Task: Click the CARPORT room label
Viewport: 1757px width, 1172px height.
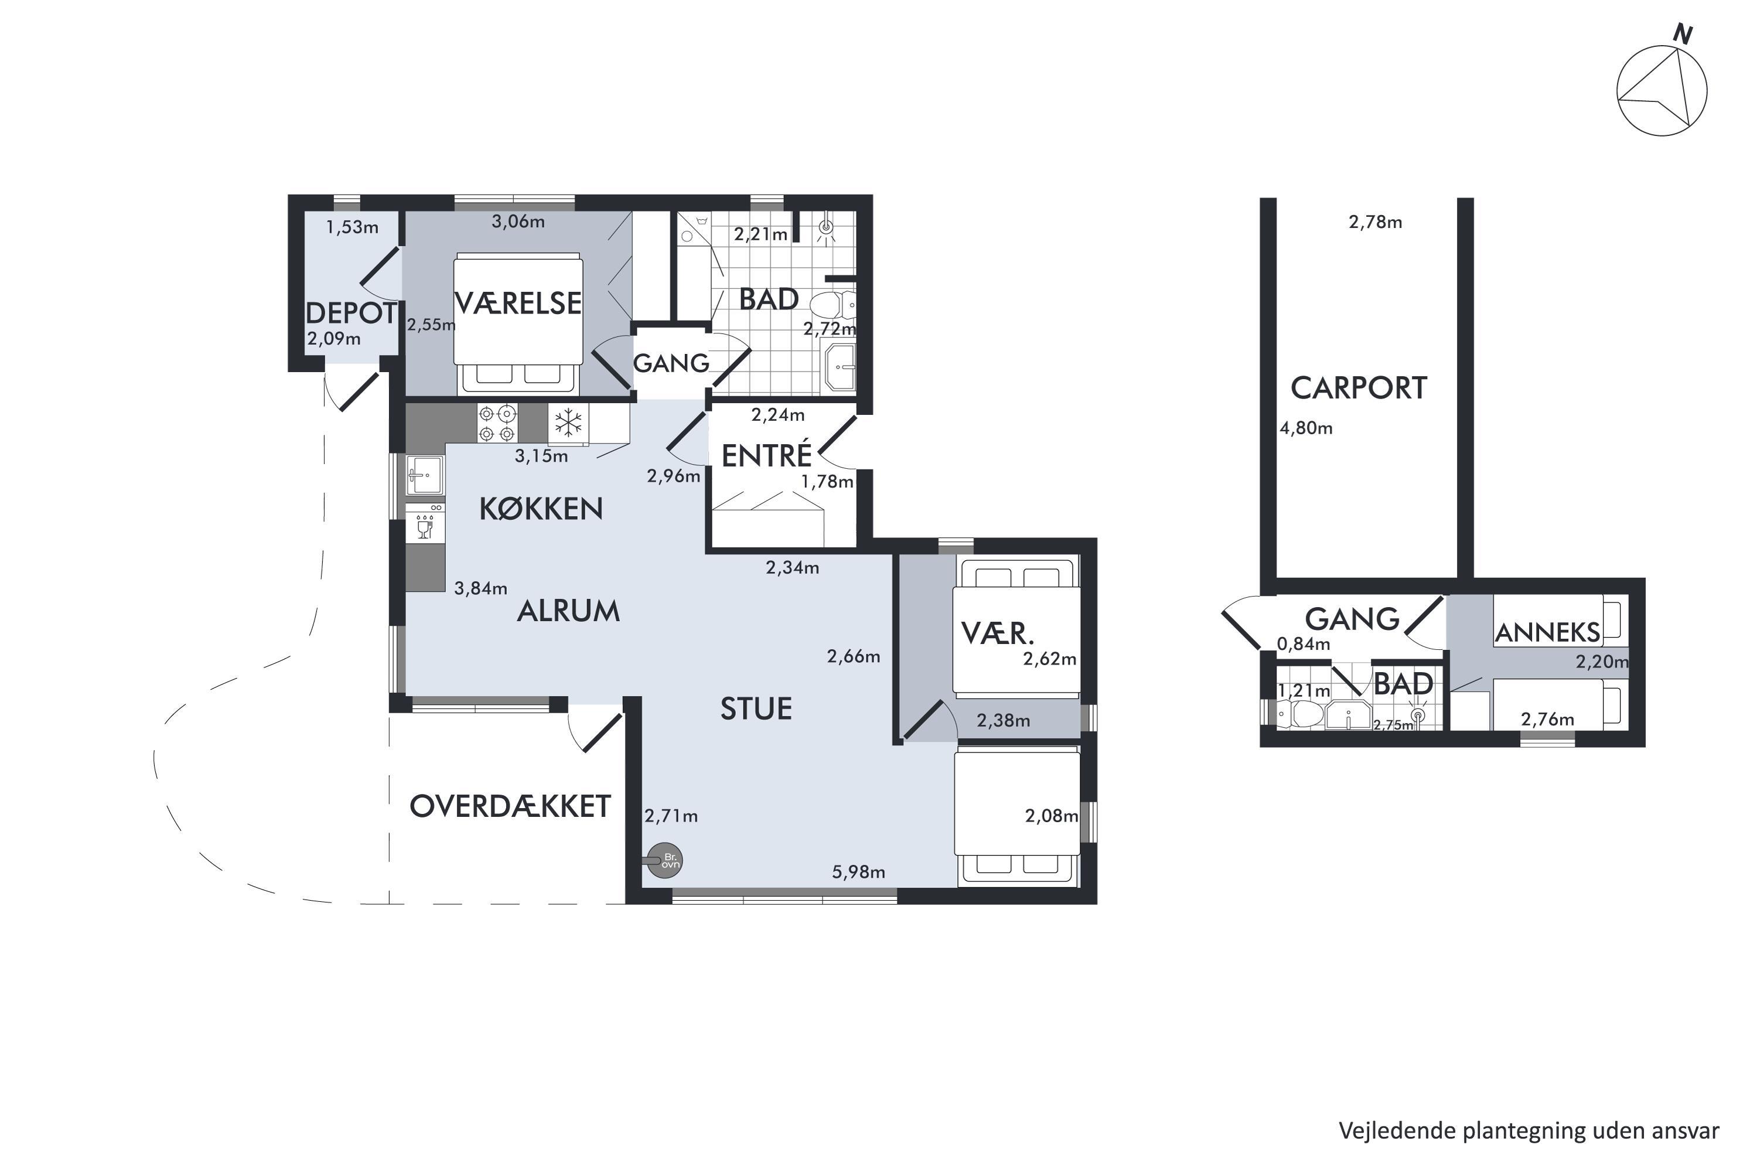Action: [x=1359, y=389]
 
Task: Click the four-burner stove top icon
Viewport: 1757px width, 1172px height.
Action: [x=497, y=423]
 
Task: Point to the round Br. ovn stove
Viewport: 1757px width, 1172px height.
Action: [x=665, y=860]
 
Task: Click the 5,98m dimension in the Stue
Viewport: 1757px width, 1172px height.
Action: [x=859, y=873]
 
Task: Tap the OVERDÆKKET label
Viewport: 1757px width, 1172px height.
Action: [x=510, y=806]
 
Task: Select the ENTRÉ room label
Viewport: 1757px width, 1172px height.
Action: [x=767, y=455]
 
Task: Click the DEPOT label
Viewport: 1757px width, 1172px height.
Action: [x=350, y=312]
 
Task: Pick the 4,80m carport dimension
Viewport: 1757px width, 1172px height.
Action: [x=1306, y=428]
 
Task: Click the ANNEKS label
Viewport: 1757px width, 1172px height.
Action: [x=1548, y=632]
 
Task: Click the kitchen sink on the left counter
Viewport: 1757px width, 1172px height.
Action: [x=425, y=475]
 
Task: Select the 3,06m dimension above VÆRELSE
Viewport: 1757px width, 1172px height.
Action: [x=518, y=222]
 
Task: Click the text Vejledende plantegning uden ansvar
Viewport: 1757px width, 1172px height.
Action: [x=1529, y=1130]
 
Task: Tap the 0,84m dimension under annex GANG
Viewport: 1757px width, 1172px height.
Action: [x=1304, y=643]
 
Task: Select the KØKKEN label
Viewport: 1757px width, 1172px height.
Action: [x=541, y=509]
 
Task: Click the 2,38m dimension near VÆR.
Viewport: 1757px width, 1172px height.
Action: [x=1004, y=721]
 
